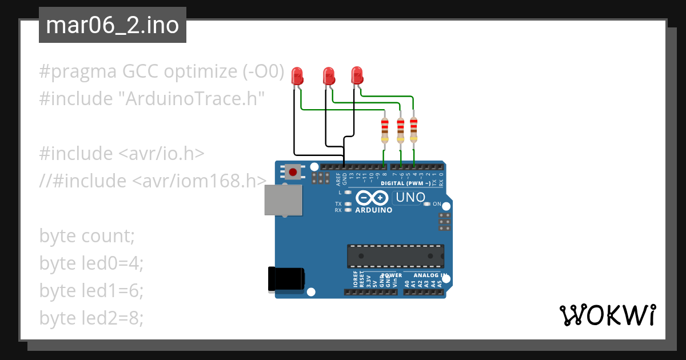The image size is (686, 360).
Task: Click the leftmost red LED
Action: tap(297, 75)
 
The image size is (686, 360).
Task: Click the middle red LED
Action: tap(329, 75)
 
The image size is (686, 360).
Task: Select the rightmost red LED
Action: tap(357, 75)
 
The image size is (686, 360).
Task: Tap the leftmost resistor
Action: tap(385, 130)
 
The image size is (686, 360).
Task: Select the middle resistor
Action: tap(400, 130)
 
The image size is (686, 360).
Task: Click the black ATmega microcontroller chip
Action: tap(395, 256)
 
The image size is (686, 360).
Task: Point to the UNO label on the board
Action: tap(409, 198)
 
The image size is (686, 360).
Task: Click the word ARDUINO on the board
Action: tap(374, 210)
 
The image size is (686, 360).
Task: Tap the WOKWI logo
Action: tap(607, 315)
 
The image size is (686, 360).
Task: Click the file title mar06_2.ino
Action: tap(112, 25)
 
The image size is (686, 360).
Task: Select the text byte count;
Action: tap(87, 235)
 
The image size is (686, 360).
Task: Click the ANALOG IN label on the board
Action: tap(430, 275)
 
